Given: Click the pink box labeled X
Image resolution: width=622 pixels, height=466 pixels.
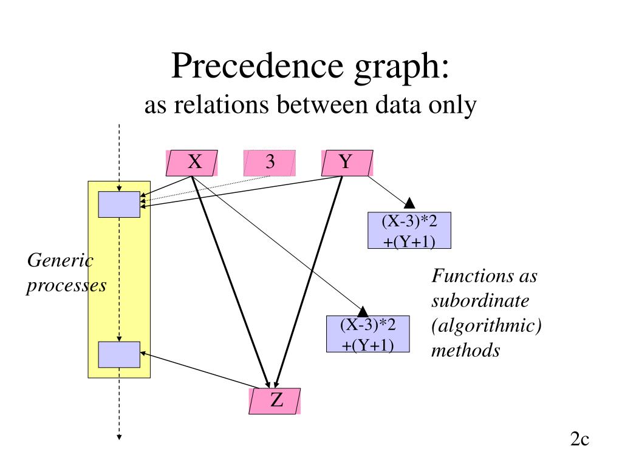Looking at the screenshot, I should (192, 163).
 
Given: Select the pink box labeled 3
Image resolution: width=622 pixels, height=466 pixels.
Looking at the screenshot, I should (270, 163).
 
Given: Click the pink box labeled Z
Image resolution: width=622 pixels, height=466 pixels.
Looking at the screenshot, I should (275, 401).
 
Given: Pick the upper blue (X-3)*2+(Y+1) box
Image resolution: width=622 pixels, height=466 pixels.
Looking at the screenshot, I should (410, 231).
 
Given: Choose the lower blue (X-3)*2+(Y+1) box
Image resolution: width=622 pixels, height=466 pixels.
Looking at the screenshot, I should (368, 334).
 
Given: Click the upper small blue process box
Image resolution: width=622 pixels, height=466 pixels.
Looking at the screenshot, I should (119, 204).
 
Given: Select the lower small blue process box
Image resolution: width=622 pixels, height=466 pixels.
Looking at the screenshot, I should (119, 354).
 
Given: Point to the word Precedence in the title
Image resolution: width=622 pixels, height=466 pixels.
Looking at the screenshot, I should (248, 66).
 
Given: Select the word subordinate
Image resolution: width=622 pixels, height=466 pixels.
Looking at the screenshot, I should (480, 302).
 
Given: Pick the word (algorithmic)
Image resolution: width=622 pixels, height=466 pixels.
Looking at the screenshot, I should (487, 326).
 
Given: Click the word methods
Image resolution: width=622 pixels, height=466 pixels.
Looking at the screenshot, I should (465, 350).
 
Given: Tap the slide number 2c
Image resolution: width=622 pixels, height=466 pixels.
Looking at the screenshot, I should (580, 439).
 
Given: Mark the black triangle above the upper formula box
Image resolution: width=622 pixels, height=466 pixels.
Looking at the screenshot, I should (409, 203).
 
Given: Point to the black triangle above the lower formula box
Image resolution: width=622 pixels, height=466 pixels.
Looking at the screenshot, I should (364, 311).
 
